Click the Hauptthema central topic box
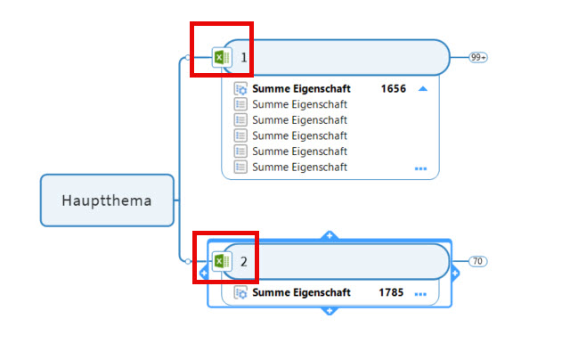pos(107,200)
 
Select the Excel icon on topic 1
pos(222,58)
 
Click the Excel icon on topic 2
pos(222,262)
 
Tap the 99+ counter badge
pos(479,57)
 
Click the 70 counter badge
pos(478,261)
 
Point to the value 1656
pos(393,89)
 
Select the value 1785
pos(391,292)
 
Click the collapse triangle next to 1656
pos(423,89)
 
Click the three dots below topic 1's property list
pos(420,168)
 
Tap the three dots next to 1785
pos(420,293)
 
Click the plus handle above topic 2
pos(329,235)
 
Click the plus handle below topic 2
pos(329,310)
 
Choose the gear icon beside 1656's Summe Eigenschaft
pos(240,89)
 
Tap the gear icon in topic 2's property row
pos(240,292)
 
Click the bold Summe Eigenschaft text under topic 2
pos(301,292)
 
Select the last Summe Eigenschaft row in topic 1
pos(299,167)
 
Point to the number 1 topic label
pos(243,58)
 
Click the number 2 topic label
pos(243,262)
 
